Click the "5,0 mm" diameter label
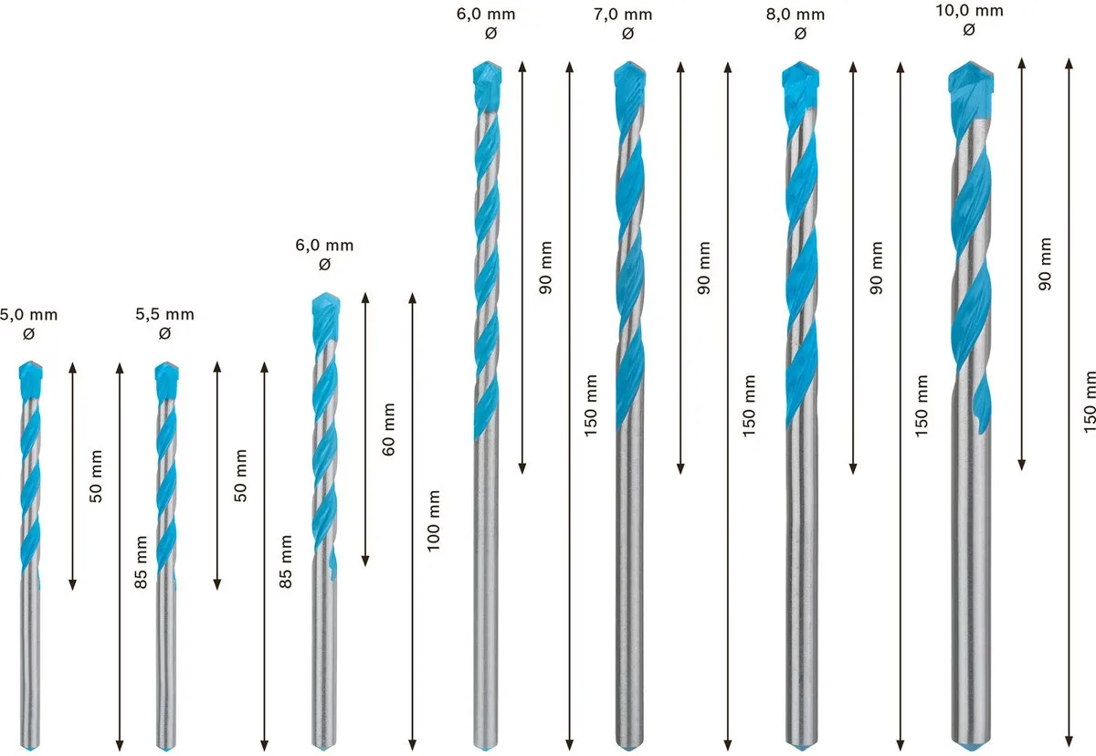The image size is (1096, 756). (29, 315)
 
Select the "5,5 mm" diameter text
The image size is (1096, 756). (165, 314)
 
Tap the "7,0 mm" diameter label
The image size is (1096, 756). (623, 15)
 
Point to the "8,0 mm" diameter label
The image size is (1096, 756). (796, 15)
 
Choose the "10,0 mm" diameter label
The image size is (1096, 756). (969, 11)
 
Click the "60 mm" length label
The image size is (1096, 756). (388, 429)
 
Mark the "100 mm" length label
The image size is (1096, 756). (434, 520)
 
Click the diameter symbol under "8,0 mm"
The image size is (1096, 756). (800, 34)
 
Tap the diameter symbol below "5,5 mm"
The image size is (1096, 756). (164, 333)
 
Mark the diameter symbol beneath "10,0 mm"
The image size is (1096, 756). (969, 30)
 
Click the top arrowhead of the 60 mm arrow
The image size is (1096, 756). (365, 298)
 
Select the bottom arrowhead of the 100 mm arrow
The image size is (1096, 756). (413, 745)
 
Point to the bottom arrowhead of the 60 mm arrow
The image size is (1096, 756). (365, 561)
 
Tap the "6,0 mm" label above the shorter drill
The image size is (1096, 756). (324, 246)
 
